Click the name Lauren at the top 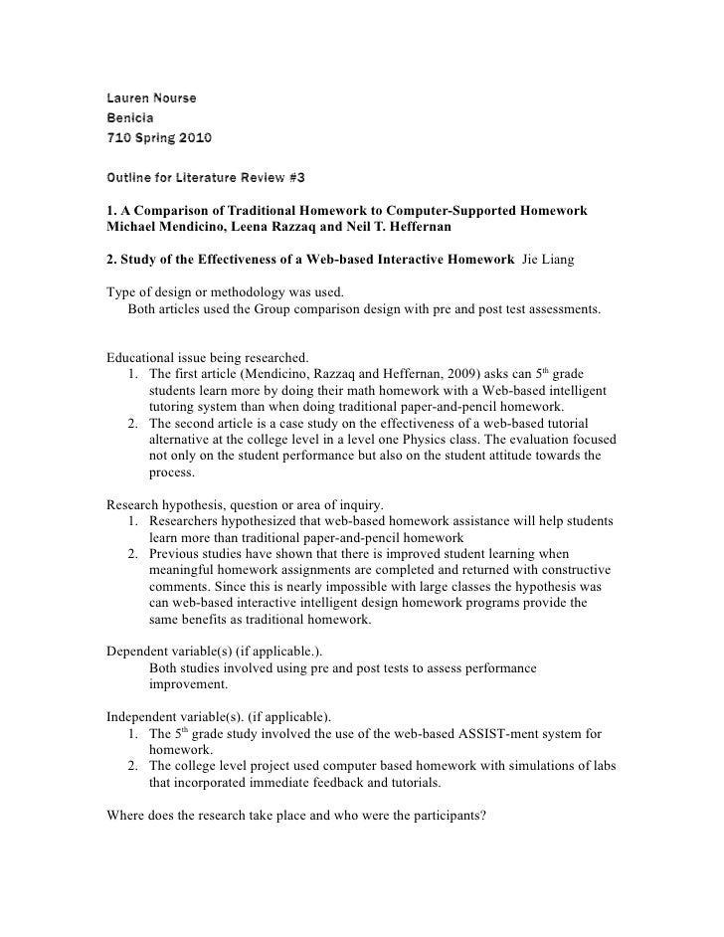point(128,98)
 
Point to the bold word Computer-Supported point(440,213)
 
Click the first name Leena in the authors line point(257,230)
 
